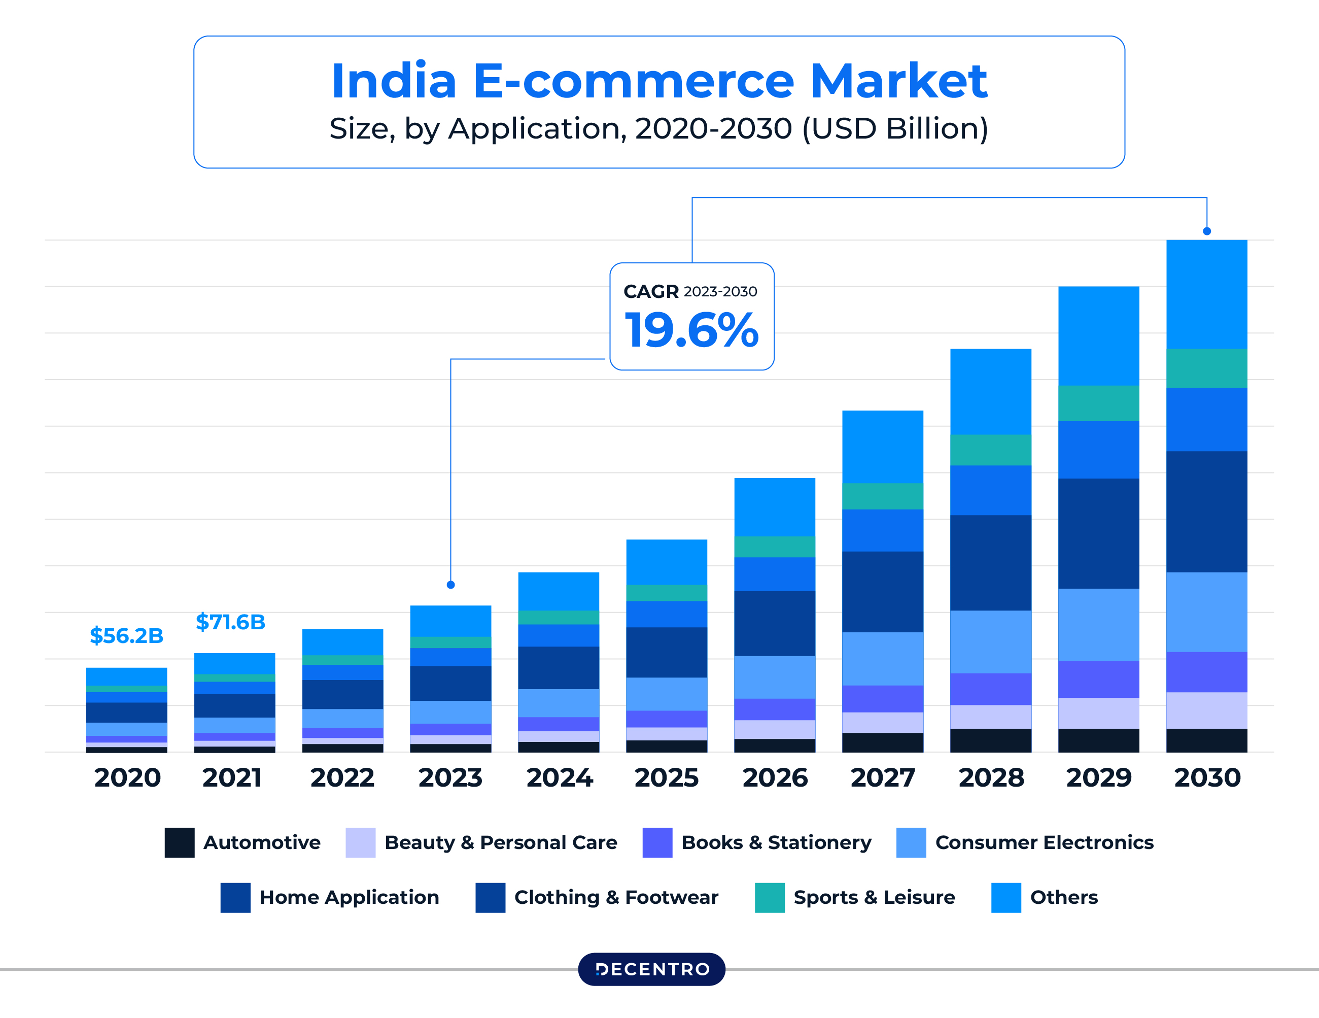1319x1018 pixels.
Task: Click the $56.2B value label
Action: [126, 635]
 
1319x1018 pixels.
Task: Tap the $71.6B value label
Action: [230, 622]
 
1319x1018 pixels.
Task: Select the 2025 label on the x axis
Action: [666, 777]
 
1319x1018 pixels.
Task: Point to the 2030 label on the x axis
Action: [1207, 777]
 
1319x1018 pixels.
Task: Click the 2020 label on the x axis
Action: [127, 777]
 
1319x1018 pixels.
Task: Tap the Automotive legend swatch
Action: [180, 842]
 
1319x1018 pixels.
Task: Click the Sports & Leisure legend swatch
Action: [770, 897]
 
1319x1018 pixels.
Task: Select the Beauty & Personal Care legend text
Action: [501, 842]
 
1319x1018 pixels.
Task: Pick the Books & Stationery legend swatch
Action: [657, 842]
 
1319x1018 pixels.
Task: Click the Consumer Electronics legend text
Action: [1044, 842]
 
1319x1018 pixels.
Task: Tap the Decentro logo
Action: [652, 969]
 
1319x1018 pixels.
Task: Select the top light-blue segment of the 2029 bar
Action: [1098, 335]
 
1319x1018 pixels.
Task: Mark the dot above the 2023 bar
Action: [450, 585]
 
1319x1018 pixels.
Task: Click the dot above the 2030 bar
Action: [1207, 231]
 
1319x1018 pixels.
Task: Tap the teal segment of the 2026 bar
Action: [774, 546]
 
